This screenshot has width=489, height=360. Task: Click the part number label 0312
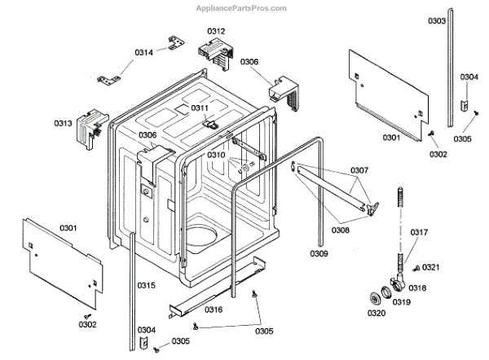click(215, 31)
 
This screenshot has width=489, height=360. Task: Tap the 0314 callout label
click(144, 53)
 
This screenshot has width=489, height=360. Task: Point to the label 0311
click(200, 108)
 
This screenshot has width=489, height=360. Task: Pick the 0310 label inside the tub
click(215, 154)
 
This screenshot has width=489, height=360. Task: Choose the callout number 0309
click(320, 253)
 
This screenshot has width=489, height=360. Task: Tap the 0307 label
click(359, 171)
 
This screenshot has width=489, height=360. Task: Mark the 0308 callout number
click(342, 230)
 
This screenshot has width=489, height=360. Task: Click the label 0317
click(419, 232)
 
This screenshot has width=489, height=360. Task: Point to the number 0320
click(376, 313)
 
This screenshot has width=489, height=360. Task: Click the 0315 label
click(146, 284)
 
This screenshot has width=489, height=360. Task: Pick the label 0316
click(214, 310)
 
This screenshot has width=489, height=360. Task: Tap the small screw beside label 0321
click(416, 268)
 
